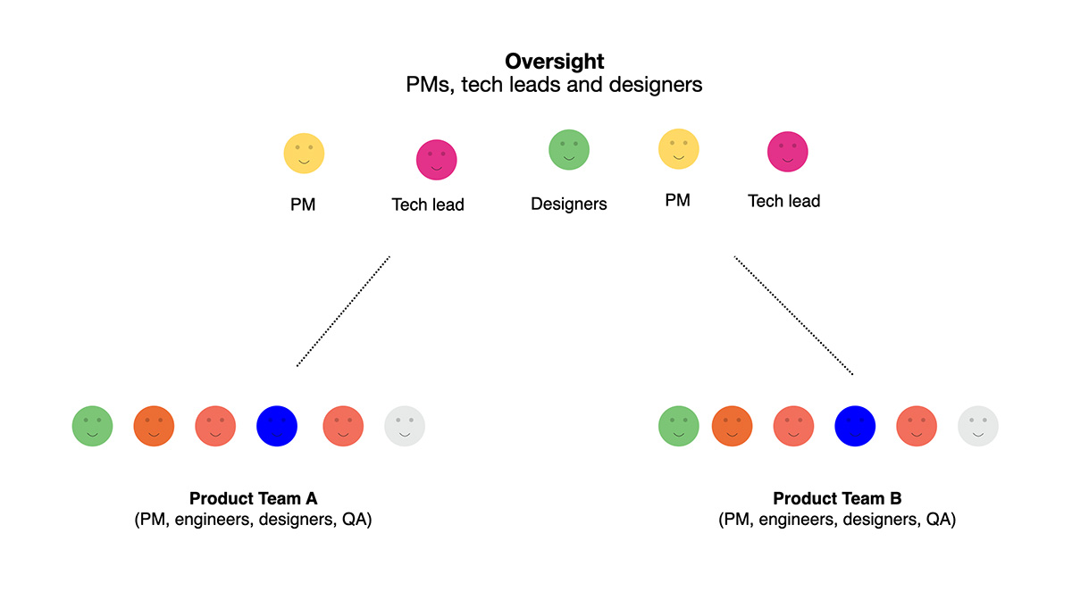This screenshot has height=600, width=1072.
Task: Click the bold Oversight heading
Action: pos(554,62)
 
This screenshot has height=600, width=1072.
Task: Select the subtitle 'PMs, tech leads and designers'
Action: pos(554,86)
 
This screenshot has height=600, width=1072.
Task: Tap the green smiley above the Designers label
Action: pos(569,150)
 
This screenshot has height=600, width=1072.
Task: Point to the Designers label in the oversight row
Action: pos(569,204)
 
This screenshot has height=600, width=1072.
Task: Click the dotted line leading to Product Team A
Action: pos(344,311)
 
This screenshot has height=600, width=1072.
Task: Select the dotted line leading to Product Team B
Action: pos(793,315)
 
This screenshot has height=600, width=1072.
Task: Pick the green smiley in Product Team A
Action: pos(93,427)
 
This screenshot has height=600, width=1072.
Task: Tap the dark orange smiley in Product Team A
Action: pos(155,427)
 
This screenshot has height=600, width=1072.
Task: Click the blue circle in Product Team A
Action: pos(277,427)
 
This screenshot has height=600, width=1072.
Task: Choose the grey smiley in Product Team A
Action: pos(405,427)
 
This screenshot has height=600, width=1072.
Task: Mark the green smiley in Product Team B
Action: pos(679,427)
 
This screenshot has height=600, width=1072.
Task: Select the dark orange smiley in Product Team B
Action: pos(733,427)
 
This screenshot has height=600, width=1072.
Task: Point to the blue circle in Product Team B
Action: pos(855,427)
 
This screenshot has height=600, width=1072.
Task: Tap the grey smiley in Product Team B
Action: pos(978,427)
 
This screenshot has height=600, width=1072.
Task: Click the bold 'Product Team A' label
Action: pos(254,499)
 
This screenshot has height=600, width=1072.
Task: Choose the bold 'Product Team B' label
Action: pos(837,499)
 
